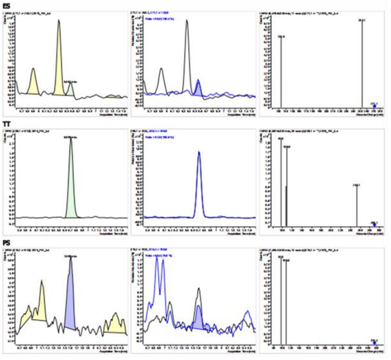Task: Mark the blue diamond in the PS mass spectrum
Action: pyautogui.click(x=374, y=343)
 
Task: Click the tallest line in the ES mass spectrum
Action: pyautogui.click(x=362, y=64)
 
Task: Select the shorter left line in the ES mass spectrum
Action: pyautogui.click(x=281, y=71)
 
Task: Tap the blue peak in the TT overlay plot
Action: pyautogui.click(x=199, y=185)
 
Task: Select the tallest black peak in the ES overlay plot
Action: pyautogui.click(x=187, y=53)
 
